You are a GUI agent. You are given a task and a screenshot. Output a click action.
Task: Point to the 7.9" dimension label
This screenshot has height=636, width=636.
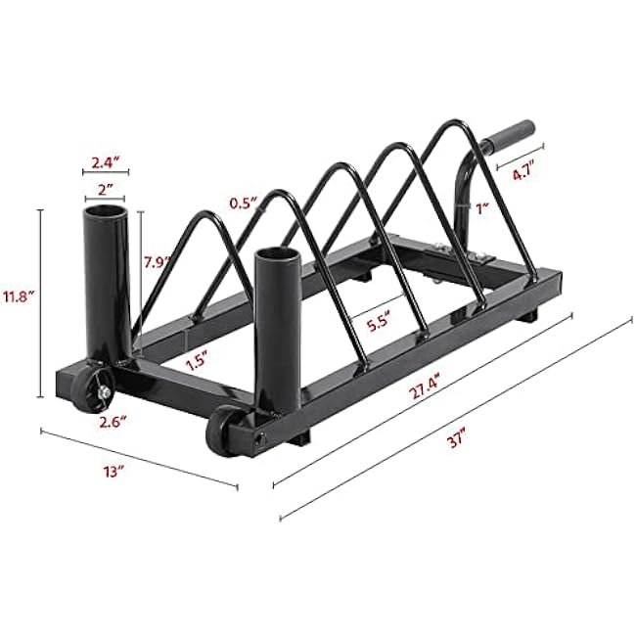point(157,262)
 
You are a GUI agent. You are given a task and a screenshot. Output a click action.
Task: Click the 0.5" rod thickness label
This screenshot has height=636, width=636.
point(245,203)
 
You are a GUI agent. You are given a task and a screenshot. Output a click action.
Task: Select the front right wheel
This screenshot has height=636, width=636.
point(226,432)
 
